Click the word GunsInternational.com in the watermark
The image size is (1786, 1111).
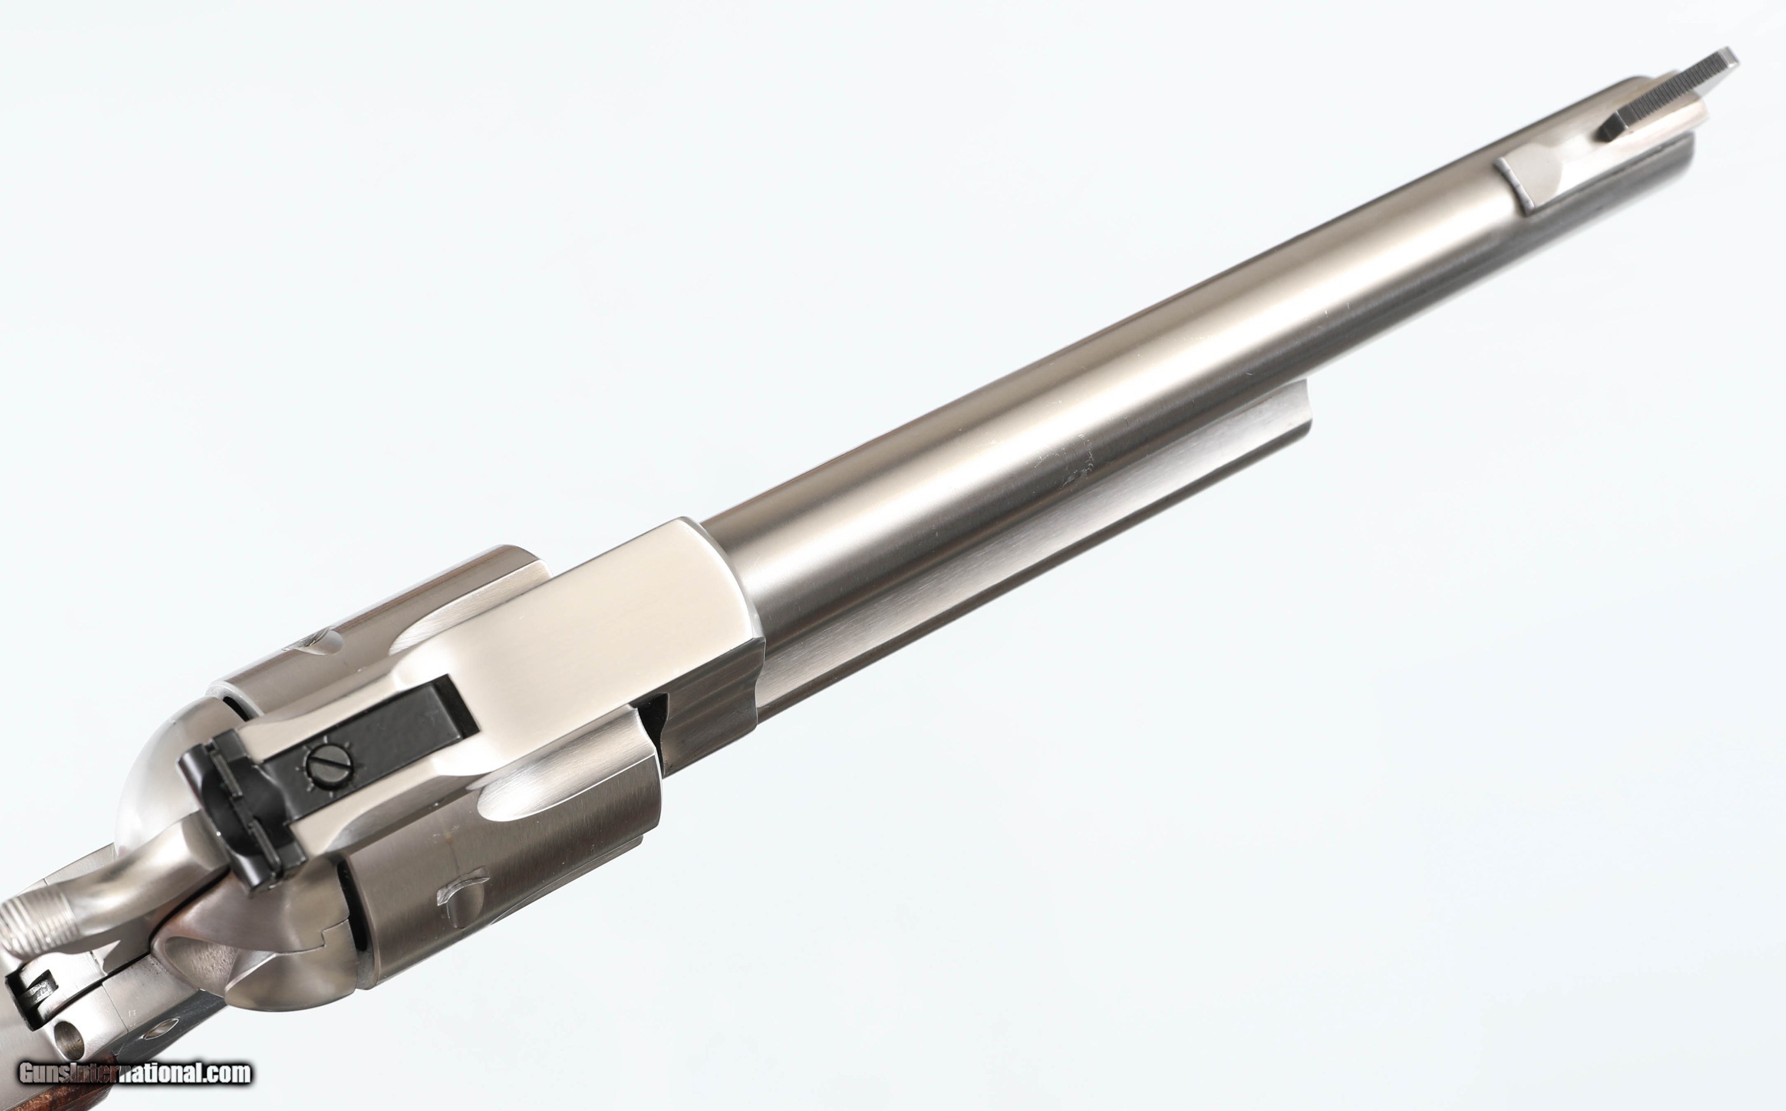[135, 1073]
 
